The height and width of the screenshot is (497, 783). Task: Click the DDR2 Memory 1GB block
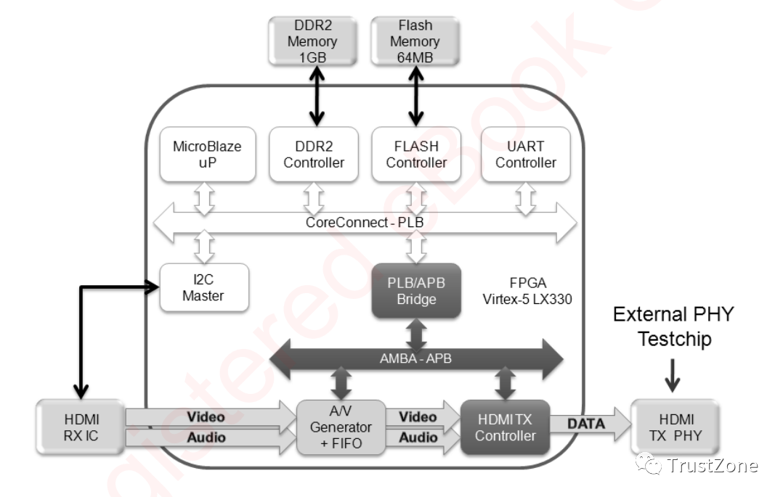[312, 41]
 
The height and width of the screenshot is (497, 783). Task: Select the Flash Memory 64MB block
[415, 41]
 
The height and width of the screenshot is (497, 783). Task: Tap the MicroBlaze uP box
[207, 155]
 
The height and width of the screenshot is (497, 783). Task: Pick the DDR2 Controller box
[314, 155]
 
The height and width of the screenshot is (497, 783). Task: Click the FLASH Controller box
[416, 155]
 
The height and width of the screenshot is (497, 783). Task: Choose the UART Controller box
[525, 155]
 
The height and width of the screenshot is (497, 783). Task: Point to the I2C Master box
[203, 287]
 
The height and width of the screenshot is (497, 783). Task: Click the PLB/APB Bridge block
[416, 290]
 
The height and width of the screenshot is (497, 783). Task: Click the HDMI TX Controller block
[505, 427]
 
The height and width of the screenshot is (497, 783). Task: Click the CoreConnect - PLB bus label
[365, 222]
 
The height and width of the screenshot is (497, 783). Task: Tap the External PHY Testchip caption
[673, 326]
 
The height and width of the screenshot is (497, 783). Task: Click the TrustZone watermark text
[712, 465]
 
